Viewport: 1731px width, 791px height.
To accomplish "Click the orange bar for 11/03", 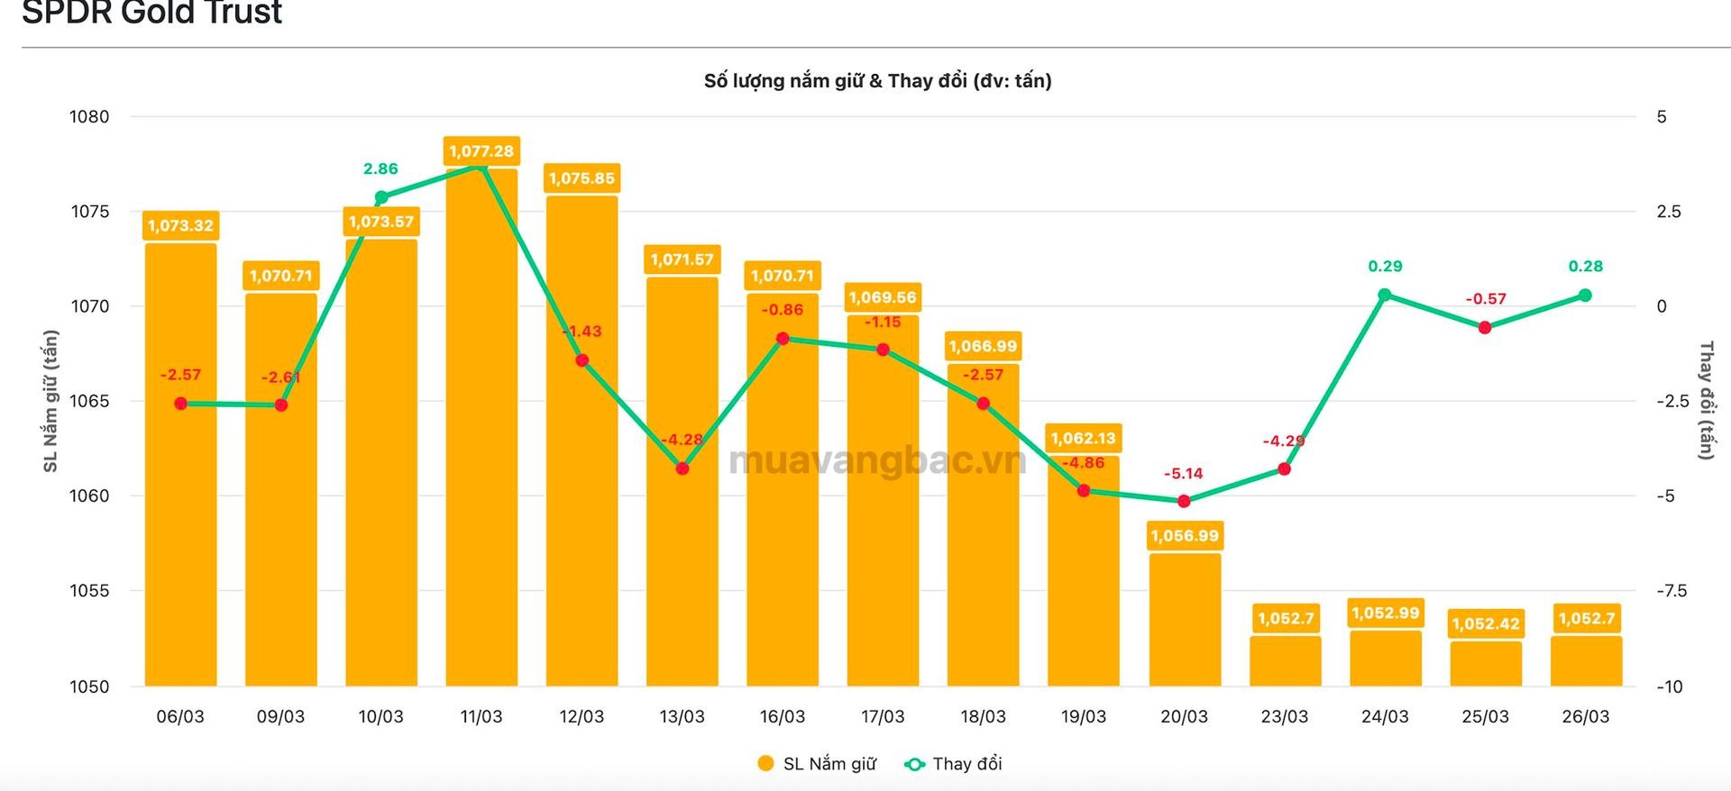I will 481,432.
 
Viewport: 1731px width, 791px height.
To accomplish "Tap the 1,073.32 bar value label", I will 180,225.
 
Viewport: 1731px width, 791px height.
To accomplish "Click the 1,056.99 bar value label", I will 1184,536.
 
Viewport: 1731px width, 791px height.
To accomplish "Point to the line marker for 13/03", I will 682,468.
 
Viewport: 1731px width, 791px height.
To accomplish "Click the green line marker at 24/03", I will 1385,295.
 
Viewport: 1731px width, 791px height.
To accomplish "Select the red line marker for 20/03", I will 1184,501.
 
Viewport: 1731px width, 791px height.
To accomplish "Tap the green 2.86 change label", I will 380,168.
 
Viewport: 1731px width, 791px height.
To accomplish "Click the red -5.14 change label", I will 1184,473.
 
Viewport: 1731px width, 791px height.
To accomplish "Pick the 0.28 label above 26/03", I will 1586,266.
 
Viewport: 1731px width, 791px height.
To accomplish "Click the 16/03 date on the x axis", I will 783,716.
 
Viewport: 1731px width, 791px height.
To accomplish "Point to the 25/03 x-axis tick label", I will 1485,716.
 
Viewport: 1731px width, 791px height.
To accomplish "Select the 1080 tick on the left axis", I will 89,116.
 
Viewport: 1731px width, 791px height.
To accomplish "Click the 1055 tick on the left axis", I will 89,591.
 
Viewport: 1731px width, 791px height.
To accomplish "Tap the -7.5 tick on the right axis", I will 1670,591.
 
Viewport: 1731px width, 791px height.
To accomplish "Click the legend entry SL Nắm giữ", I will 817,764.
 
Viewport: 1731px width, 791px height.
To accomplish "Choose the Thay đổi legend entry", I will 954,764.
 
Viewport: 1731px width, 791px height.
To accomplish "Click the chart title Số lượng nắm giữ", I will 877,81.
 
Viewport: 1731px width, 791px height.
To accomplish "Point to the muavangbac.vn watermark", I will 876,460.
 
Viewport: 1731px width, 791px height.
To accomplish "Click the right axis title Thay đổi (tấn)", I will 1705,400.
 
